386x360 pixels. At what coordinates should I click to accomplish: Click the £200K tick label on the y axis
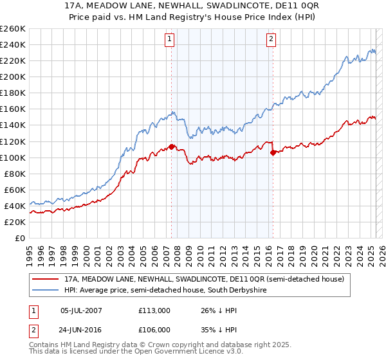[x=12, y=76]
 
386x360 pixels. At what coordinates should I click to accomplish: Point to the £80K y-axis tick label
[x=14, y=174]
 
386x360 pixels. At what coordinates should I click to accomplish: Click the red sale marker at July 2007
[x=171, y=147]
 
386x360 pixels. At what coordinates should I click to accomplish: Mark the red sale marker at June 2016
[x=273, y=152]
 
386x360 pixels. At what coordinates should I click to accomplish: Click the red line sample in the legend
[x=45, y=280]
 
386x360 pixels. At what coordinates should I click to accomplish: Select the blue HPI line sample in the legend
[x=45, y=291]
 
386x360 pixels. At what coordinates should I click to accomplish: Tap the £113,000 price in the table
[x=154, y=310]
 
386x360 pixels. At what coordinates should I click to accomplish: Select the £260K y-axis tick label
[x=12, y=28]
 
